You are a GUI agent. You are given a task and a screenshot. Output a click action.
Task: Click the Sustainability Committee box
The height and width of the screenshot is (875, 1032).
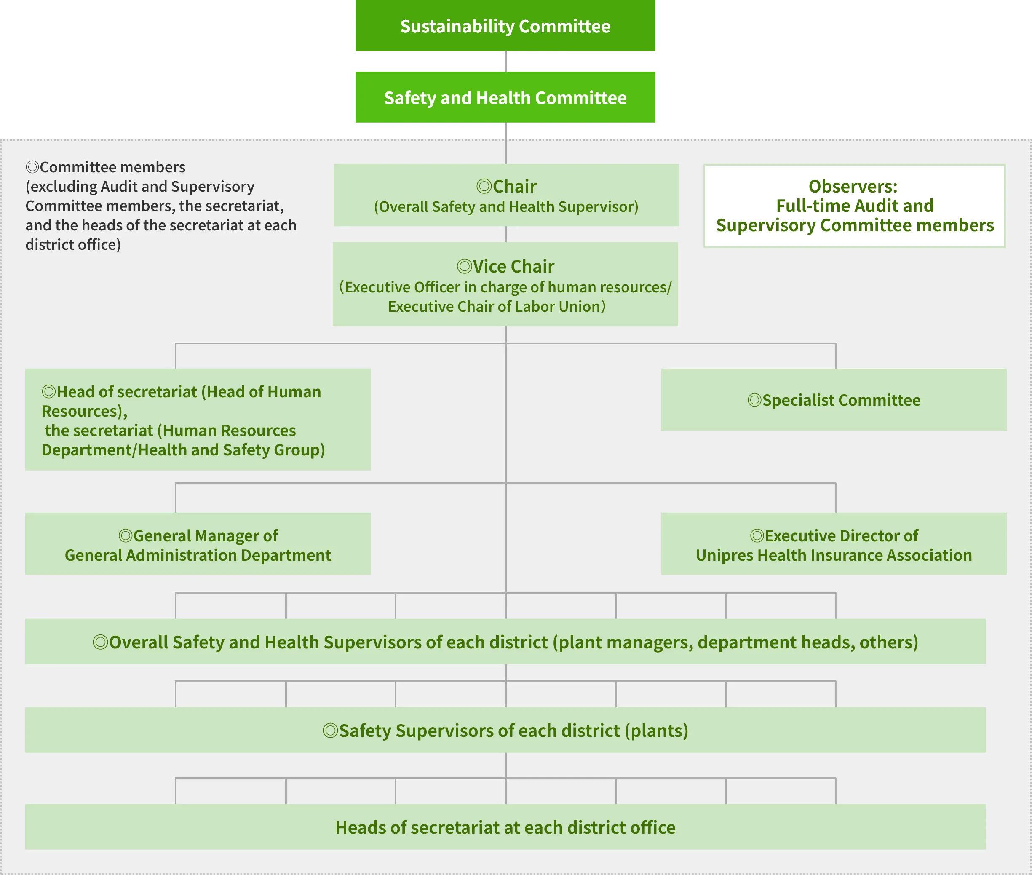(505, 25)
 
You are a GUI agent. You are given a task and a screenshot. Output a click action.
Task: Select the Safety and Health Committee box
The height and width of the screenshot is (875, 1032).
(505, 97)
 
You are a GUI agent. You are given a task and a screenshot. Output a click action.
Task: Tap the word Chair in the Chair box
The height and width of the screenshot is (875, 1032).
(514, 187)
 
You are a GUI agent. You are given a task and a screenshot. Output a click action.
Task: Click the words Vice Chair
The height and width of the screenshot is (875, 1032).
(513, 267)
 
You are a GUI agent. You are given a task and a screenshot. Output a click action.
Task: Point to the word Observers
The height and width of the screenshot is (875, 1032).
(853, 187)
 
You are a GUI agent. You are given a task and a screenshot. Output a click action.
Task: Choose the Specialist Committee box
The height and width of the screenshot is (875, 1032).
(834, 400)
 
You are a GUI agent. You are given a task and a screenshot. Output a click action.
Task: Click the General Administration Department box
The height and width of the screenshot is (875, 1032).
(198, 543)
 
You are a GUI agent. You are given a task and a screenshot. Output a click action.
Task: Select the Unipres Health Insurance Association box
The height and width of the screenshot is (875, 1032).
(834, 543)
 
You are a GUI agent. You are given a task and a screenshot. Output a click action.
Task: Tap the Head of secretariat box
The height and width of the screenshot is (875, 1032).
(198, 419)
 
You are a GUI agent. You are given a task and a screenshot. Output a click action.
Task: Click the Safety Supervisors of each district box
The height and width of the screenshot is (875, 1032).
(505, 730)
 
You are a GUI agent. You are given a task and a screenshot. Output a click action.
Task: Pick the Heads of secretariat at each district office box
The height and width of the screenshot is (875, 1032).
(505, 827)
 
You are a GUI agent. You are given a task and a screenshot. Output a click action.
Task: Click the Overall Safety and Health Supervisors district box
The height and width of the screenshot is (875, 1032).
(505, 641)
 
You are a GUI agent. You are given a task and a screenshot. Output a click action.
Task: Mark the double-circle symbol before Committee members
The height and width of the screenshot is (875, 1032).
(32, 167)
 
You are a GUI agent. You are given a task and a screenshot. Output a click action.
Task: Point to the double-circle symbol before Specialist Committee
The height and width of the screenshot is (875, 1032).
(754, 400)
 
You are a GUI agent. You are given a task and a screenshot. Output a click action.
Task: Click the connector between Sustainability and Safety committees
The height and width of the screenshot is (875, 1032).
(505, 61)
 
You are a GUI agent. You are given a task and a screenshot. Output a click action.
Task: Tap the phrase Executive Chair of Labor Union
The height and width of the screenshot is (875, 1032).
(496, 307)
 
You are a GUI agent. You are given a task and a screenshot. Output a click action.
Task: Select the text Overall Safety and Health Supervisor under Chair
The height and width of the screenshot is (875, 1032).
(506, 207)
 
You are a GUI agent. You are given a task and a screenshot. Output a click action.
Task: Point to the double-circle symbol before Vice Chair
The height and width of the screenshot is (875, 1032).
(464, 267)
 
